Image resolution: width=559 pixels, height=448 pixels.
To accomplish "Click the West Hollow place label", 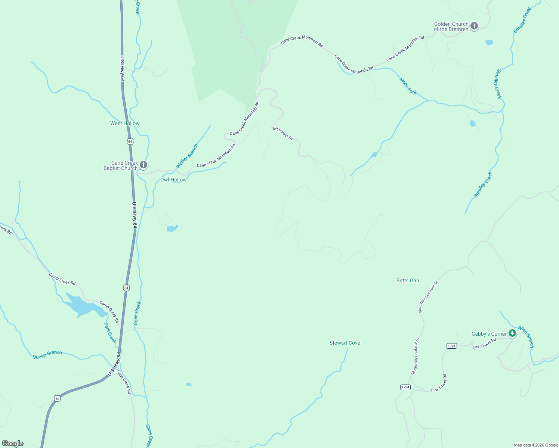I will point(125,124).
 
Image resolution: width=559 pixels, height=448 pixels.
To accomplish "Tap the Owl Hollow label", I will point(173,180).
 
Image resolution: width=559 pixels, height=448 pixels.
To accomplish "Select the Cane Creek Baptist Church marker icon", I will point(143,165).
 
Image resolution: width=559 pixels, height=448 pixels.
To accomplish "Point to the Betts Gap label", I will point(408,281).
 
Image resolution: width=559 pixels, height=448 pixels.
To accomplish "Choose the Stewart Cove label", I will point(345,343).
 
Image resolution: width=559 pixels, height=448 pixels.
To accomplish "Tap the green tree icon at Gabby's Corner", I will point(512,333).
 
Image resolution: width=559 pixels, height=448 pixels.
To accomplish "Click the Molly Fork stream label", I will point(408,86).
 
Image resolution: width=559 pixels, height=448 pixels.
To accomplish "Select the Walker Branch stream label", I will point(187,156).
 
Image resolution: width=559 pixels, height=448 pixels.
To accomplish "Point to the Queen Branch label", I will point(47,355).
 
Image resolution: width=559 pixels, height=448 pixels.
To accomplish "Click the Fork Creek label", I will point(110,333).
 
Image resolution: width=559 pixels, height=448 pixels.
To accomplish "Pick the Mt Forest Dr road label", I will point(283,134).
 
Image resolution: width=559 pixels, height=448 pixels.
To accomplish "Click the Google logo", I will point(13,444).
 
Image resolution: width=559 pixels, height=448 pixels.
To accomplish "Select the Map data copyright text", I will point(536,445).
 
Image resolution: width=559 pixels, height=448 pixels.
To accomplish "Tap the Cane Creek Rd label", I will point(124,382).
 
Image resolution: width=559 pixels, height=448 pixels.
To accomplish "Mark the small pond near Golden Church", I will point(489,43).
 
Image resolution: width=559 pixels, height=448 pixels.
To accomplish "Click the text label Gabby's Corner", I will point(489,334).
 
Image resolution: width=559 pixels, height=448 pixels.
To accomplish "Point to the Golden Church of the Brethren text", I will point(451,27).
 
